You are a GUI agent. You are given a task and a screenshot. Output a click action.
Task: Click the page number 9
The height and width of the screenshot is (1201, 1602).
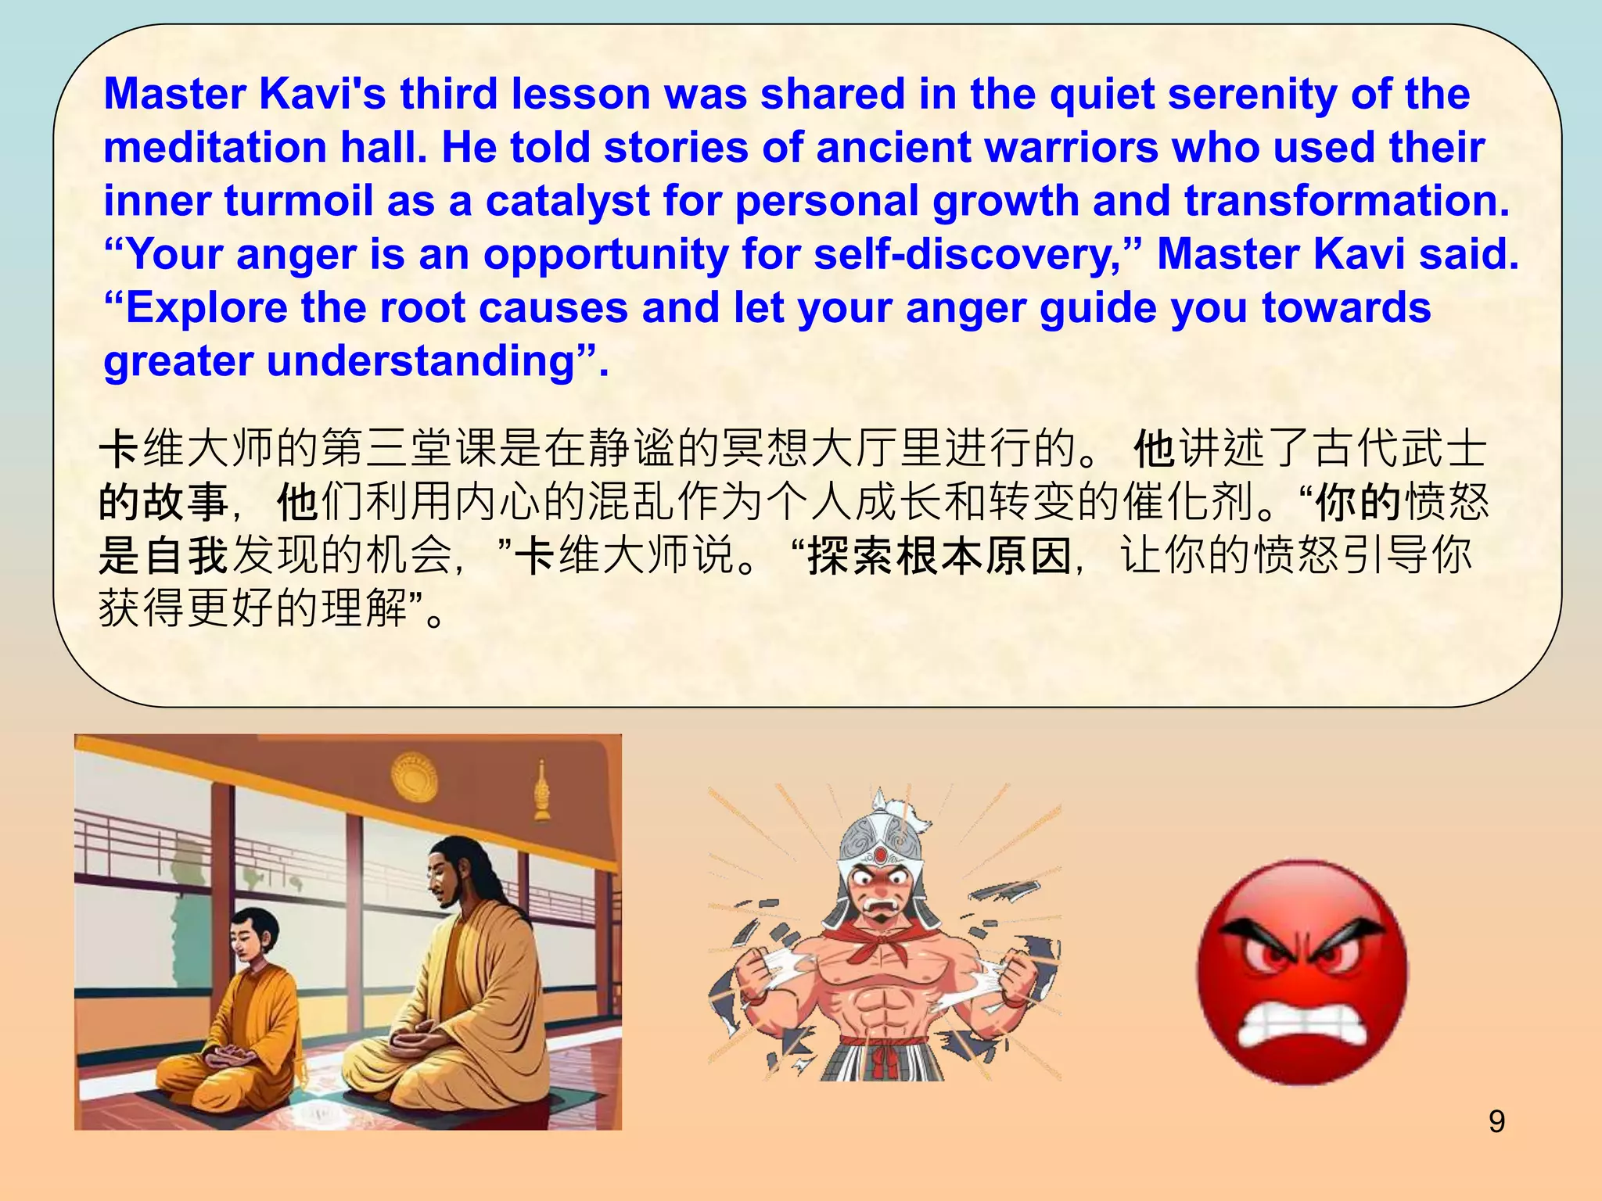[1496, 1121]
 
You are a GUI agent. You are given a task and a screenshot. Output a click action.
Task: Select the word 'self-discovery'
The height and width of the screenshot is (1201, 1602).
[968, 255]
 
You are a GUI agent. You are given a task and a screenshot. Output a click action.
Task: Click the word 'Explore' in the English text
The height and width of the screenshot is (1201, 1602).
[207, 308]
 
